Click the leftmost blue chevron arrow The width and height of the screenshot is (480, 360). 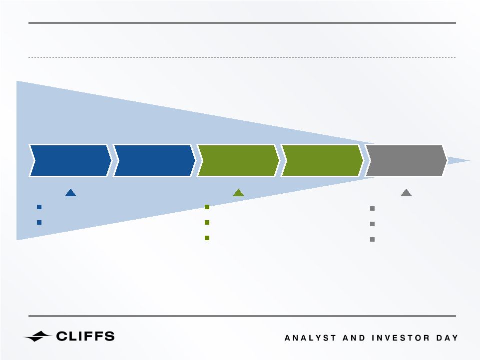[70, 161]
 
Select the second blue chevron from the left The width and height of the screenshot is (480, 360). [154, 161]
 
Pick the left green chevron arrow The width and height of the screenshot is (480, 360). [238, 161]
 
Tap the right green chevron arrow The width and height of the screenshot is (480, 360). [322, 161]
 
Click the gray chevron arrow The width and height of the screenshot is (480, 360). [406, 161]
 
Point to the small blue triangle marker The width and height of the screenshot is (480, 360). [71, 193]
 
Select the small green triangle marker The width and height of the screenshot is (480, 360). [238, 193]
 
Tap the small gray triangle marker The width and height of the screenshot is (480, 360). [406, 193]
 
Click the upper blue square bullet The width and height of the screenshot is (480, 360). [39, 207]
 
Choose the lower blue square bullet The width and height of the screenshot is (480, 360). [39, 222]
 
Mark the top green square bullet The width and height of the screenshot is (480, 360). [207, 207]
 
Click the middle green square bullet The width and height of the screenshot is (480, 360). [207, 222]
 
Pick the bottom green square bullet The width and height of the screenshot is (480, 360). [207, 238]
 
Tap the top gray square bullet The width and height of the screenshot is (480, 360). [372, 209]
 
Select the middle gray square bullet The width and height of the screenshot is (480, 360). [372, 224]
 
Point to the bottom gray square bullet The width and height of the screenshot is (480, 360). [372, 239]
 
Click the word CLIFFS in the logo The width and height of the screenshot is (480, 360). [85, 336]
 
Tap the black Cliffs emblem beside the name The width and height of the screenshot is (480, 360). [38, 336]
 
